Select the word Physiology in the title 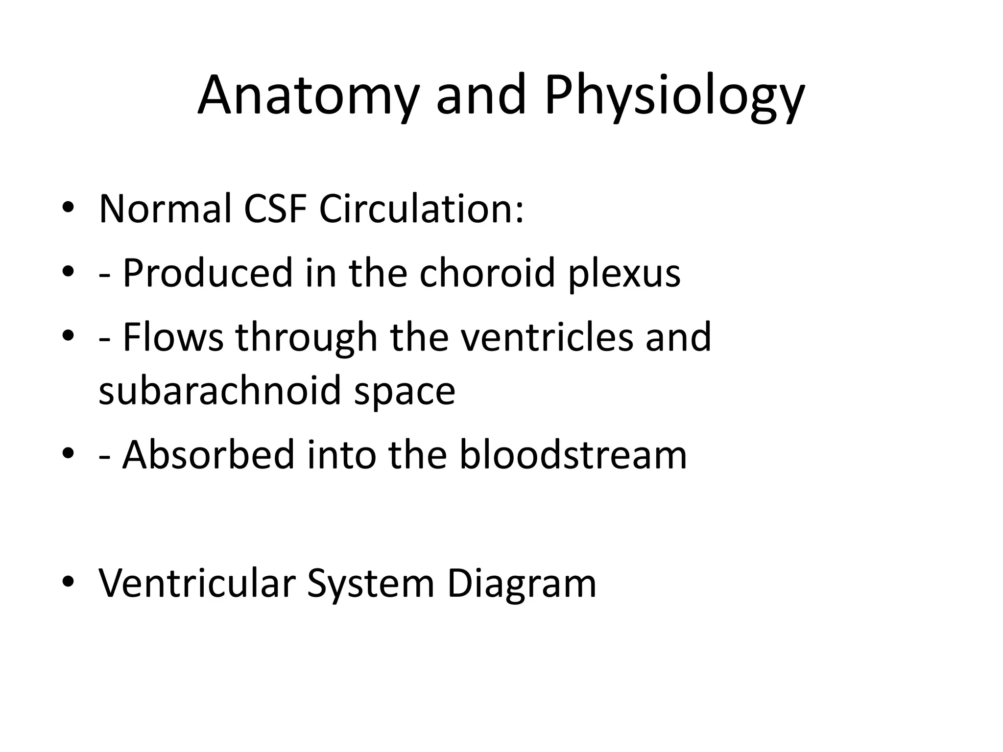pos(674,95)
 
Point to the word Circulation pos(421,209)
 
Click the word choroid pos(487,273)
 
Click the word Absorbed pos(208,455)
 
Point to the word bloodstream pos(573,455)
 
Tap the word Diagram pos(522,584)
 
